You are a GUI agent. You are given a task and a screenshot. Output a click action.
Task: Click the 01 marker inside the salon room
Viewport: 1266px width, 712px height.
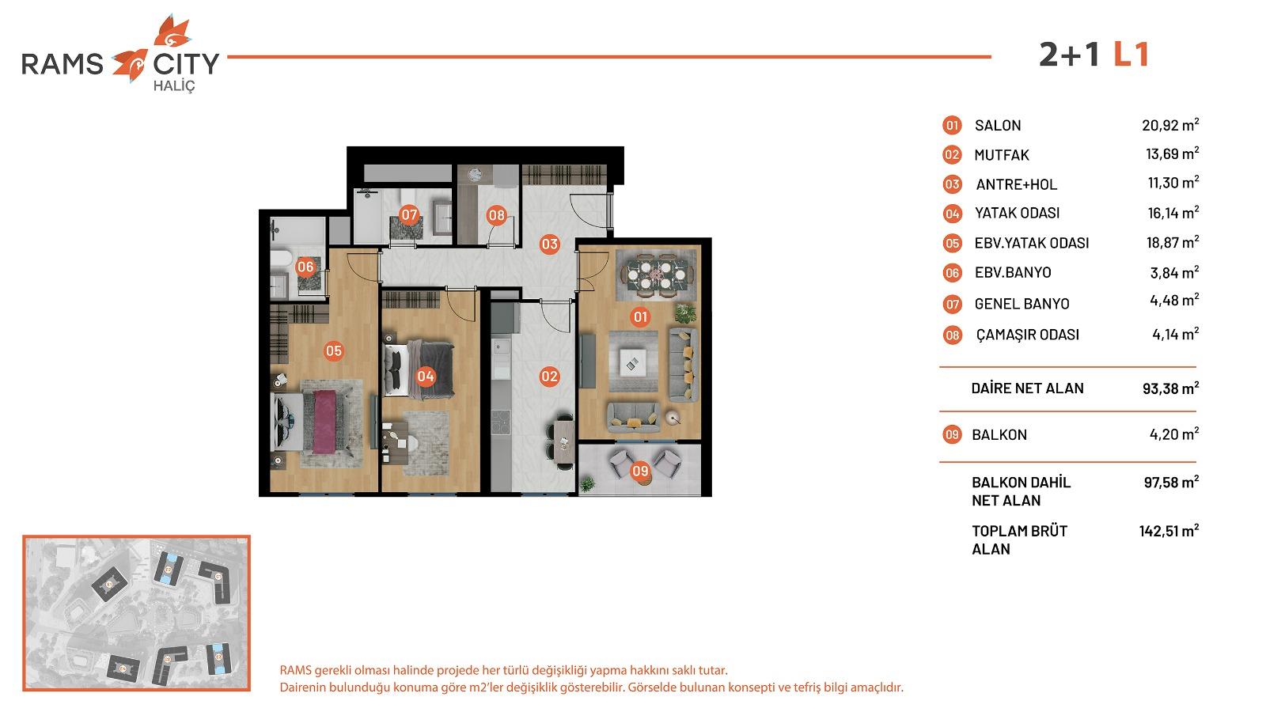coord(640,317)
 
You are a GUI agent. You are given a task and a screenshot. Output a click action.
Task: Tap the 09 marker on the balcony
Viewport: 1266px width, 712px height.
coord(640,472)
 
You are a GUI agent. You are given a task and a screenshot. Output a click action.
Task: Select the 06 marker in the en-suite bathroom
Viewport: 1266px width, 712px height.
coord(305,267)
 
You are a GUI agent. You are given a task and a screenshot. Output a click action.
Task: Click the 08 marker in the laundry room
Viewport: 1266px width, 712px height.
coord(496,214)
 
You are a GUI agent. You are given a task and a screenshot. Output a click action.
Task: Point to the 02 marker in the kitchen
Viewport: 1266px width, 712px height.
coord(549,377)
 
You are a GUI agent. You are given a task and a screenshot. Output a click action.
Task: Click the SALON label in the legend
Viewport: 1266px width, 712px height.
coord(998,125)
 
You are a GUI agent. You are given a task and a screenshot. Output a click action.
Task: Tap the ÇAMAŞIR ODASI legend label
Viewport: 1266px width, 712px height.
coord(1027,335)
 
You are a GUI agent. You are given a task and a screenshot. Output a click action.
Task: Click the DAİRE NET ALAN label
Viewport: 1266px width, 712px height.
coord(1027,388)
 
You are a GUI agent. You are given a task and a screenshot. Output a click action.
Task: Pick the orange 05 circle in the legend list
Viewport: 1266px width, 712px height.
coord(952,244)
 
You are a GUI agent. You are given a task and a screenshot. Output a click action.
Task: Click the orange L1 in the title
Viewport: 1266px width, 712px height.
coord(1131,55)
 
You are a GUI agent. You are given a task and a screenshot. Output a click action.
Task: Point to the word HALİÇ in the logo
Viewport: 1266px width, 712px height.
coord(172,85)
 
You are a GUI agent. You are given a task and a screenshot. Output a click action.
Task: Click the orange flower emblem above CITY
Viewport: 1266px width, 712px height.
coord(169,31)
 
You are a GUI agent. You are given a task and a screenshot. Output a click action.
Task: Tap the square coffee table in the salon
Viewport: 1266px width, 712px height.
coord(633,363)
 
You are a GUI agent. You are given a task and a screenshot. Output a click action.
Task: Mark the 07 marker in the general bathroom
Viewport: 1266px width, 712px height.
coord(408,214)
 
